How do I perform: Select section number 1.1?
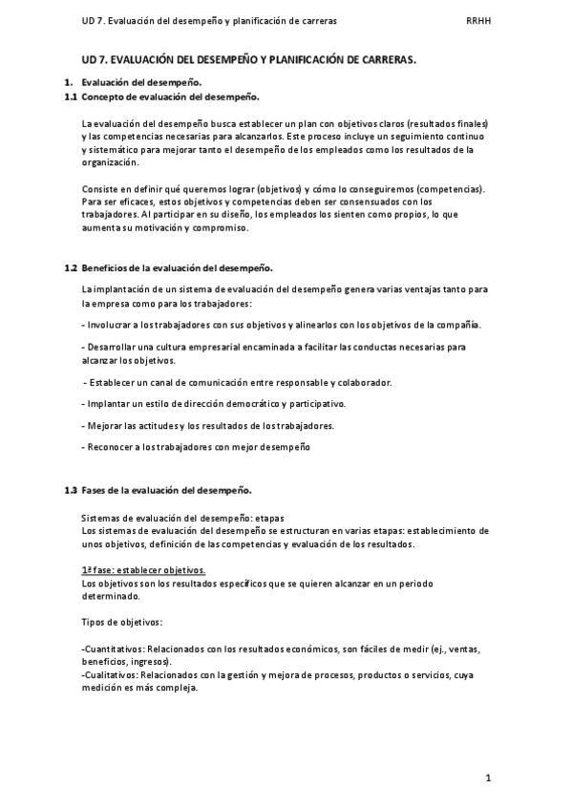[71, 97]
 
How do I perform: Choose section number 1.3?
[71, 491]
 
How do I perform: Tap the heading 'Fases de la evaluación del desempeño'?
[166, 491]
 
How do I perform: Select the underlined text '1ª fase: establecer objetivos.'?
[143, 570]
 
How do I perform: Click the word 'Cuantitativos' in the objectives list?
[113, 649]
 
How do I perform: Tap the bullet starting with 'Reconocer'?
[196, 447]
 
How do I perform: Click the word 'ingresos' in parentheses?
[151, 661]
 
